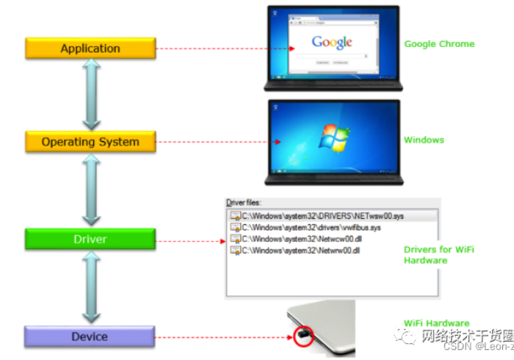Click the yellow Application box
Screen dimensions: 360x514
[x=90, y=48]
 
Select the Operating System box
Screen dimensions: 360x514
[x=90, y=141]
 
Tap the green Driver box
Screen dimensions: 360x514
[x=90, y=239]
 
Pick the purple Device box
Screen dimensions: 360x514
[x=90, y=336]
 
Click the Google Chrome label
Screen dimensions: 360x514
[x=439, y=44]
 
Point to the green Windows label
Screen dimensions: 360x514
[x=424, y=140]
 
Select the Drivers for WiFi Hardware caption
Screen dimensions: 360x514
[x=438, y=255]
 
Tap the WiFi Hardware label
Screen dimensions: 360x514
[x=436, y=323]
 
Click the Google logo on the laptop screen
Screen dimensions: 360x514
[x=332, y=42]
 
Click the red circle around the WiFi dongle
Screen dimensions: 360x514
[x=302, y=337]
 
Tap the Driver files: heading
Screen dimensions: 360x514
[x=244, y=202]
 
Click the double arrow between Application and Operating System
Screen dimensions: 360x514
[x=91, y=94]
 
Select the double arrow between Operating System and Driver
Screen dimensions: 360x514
[x=91, y=190]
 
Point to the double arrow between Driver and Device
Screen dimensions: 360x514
[x=91, y=287]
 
